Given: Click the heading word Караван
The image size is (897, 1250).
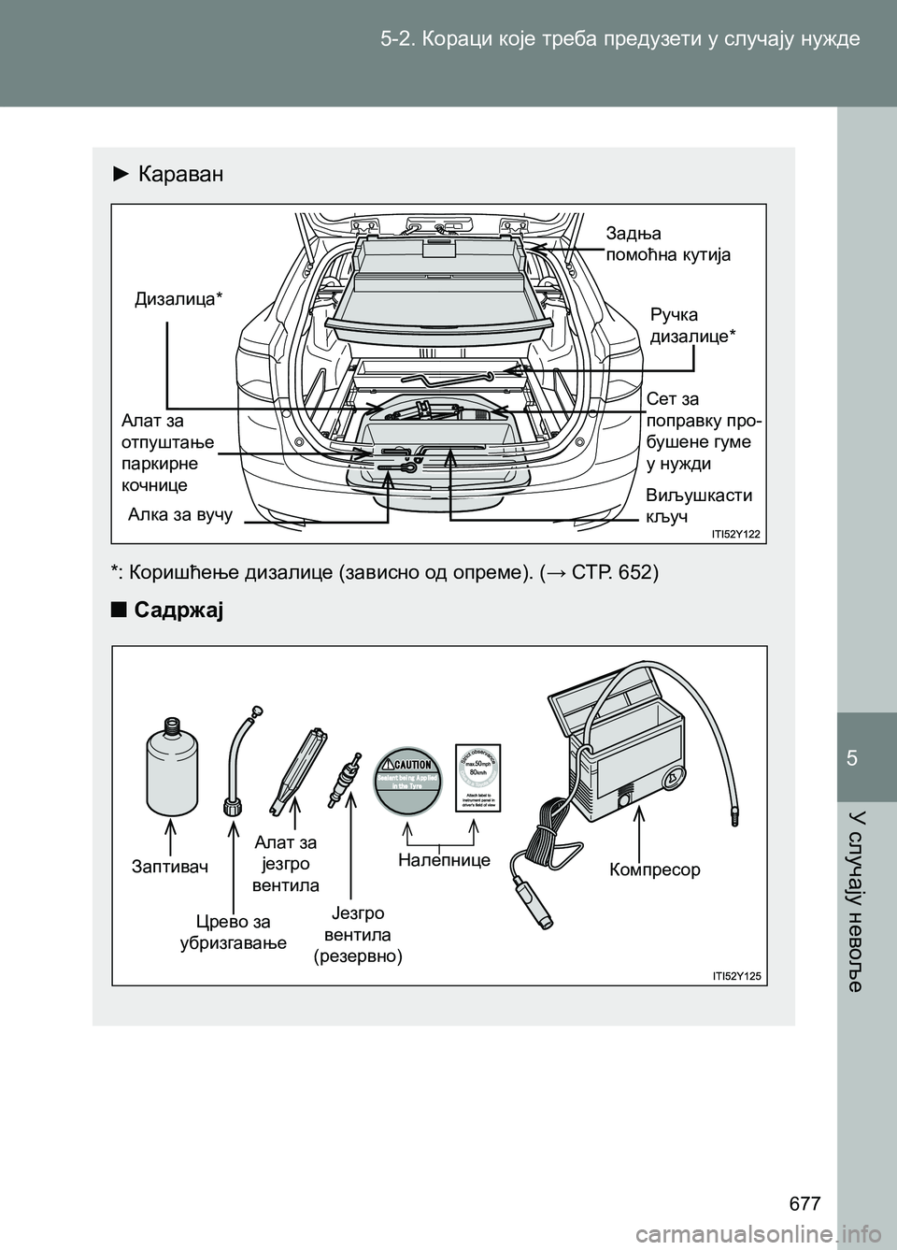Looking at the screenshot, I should click(180, 174).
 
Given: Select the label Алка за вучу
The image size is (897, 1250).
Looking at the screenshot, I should click(180, 514).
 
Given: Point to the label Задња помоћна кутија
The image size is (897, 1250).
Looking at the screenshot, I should click(668, 244).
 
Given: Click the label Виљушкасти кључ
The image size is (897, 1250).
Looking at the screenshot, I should click(699, 506).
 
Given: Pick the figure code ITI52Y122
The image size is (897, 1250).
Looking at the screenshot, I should click(735, 534).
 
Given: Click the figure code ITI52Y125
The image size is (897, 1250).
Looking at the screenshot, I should click(735, 976).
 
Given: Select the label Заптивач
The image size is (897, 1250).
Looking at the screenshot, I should click(170, 867).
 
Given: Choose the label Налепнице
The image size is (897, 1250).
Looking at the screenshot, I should click(444, 859).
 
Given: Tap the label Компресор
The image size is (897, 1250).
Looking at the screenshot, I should click(654, 869).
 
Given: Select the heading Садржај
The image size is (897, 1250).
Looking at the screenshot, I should click(178, 611).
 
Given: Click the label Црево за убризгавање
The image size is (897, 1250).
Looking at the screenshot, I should click(233, 933).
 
